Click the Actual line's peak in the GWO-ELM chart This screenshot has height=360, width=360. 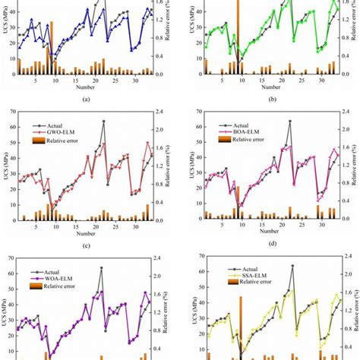click(103, 121)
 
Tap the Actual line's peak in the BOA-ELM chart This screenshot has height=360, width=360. click(289, 121)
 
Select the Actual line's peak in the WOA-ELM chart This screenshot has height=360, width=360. click(102, 267)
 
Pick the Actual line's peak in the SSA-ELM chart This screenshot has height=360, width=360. click(292, 266)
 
